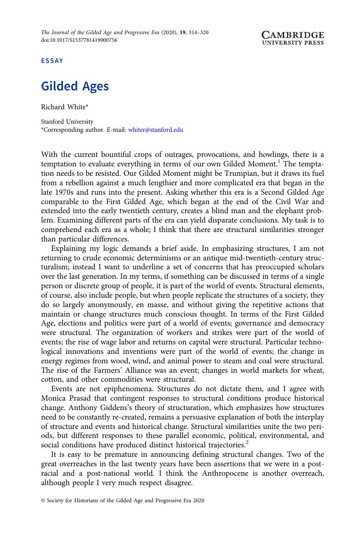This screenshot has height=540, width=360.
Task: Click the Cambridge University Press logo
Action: (293, 38)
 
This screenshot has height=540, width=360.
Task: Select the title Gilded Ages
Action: (75, 86)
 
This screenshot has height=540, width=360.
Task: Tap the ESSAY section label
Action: (52, 61)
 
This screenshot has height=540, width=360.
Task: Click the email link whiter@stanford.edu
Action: (156, 129)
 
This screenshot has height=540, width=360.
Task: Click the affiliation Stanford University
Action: (67, 121)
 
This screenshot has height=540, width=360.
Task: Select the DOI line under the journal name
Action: (79, 40)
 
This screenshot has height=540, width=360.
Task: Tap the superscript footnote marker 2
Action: (247, 442)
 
